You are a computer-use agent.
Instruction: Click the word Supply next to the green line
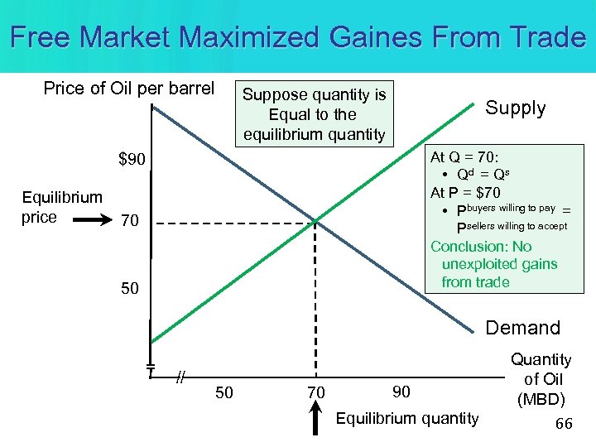(515, 108)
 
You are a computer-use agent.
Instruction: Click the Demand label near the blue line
(522, 328)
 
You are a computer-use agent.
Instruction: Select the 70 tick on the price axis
(129, 222)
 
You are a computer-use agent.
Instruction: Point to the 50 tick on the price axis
(129, 289)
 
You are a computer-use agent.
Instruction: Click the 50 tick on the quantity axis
(223, 392)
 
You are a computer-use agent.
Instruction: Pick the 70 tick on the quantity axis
(315, 392)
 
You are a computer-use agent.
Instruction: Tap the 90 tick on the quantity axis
(401, 391)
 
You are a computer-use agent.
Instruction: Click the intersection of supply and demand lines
(315, 222)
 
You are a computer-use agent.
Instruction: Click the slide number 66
(564, 424)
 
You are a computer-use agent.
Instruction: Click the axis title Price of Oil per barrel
(128, 89)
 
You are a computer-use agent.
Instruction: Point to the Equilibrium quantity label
(406, 419)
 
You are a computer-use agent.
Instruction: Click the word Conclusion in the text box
(469, 247)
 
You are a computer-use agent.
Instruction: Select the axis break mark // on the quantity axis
(179, 377)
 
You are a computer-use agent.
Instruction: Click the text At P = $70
(465, 193)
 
